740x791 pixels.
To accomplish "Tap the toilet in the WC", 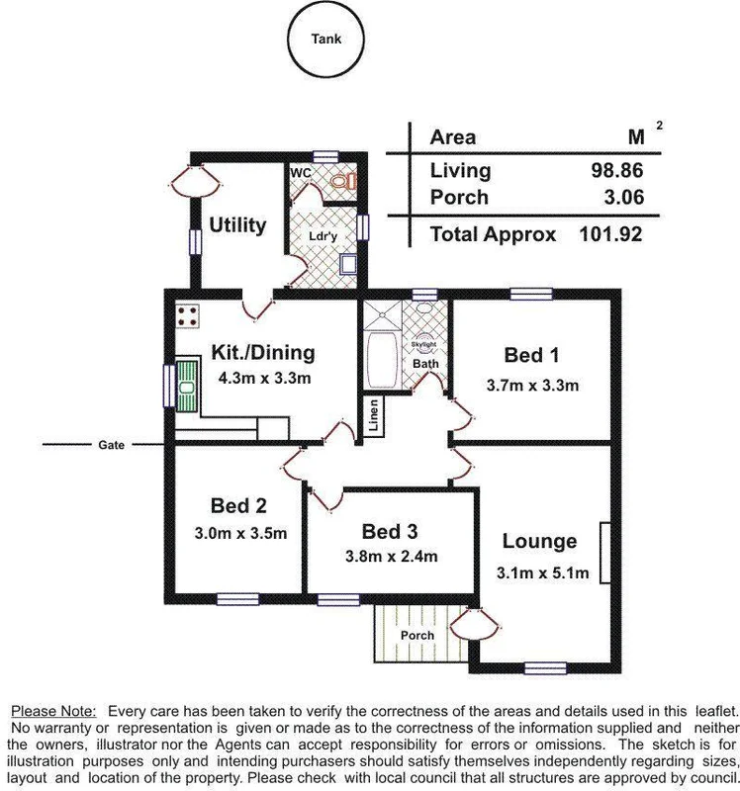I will click(x=341, y=181).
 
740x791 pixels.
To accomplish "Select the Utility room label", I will click(x=237, y=225).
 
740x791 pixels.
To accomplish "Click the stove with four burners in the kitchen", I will click(x=187, y=316).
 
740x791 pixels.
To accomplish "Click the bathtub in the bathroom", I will click(x=380, y=360).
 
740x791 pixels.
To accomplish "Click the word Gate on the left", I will click(x=111, y=446).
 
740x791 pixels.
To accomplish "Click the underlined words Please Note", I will click(x=53, y=711).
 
